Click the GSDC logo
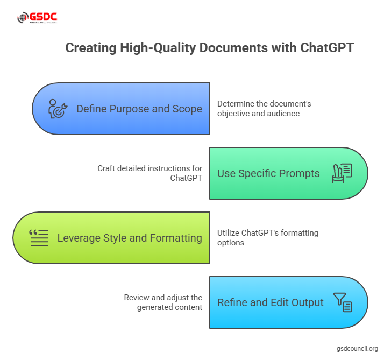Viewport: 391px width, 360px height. click(37, 18)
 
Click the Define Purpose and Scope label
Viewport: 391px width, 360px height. click(139, 109)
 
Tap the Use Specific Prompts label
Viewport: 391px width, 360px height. click(268, 173)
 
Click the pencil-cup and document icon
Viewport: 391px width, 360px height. click(342, 173)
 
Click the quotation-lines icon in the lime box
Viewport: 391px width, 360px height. click(39, 238)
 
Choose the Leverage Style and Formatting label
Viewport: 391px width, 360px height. click(130, 238)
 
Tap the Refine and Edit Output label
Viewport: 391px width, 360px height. click(271, 302)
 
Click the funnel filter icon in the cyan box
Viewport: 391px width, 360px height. click(342, 302)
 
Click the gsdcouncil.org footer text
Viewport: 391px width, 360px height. click(358, 348)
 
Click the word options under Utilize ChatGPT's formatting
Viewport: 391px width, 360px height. click(231, 243)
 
